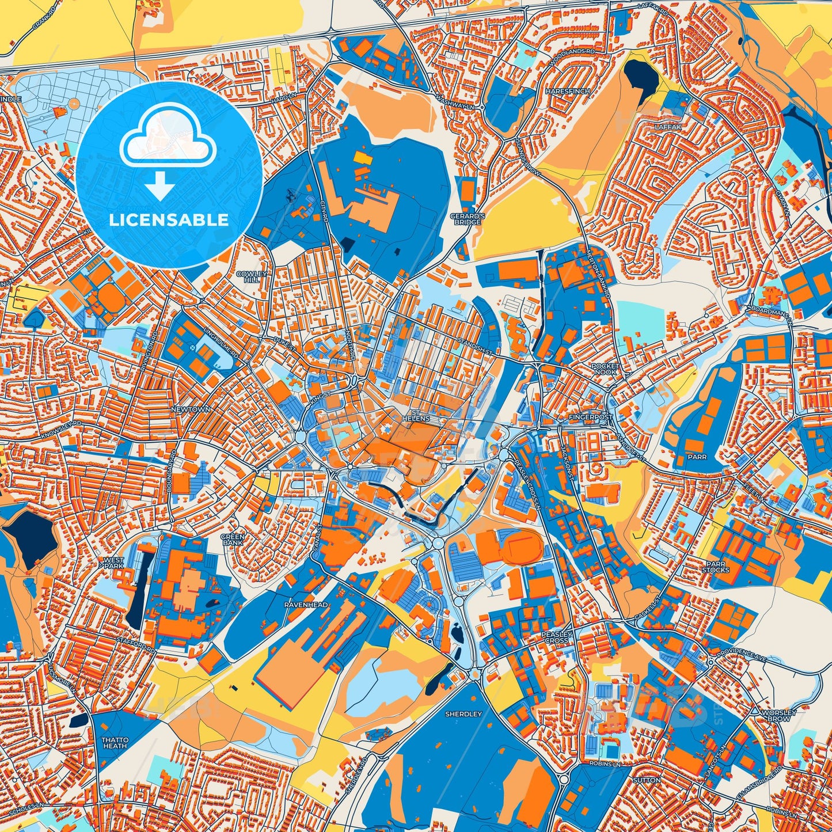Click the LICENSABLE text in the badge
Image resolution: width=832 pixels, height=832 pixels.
click(169, 220)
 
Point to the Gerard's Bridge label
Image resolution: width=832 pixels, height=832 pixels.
click(467, 219)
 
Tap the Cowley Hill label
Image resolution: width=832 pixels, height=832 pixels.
click(252, 277)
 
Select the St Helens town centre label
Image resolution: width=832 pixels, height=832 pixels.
click(416, 416)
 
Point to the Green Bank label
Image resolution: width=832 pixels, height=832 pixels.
click(233, 540)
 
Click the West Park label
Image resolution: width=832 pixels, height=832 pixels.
click(113, 563)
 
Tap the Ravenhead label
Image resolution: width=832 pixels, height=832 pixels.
click(306, 605)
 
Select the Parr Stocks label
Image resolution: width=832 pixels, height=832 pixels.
click(716, 567)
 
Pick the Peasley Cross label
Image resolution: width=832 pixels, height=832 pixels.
click(556, 637)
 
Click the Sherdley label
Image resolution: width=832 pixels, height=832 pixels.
click(464, 714)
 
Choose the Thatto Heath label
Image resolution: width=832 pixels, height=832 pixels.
click(115, 743)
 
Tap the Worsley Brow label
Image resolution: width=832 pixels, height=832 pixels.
click(779, 716)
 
